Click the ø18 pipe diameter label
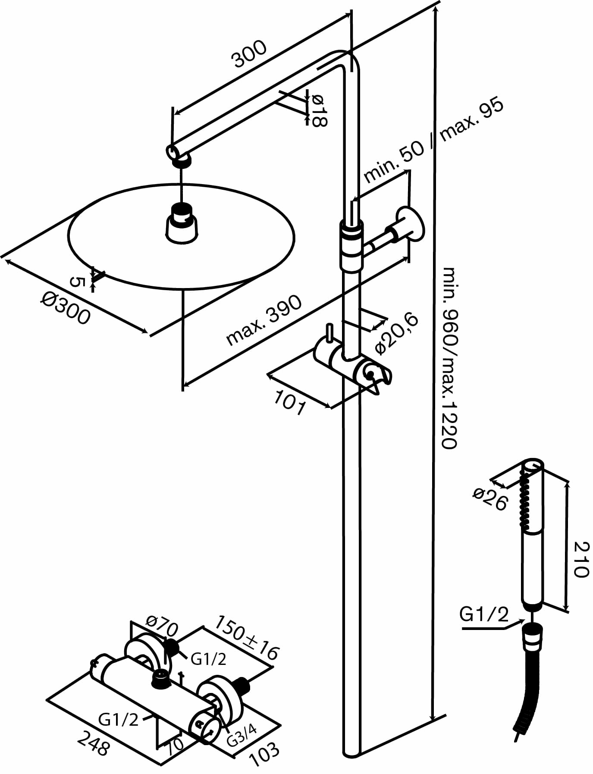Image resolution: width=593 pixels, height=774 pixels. pyautogui.click(x=319, y=110)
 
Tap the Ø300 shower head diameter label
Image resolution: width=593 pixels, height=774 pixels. pyautogui.click(x=66, y=308)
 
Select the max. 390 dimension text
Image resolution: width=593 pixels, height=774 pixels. pyautogui.click(x=264, y=320)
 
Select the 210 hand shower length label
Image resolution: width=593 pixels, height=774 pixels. pyautogui.click(x=580, y=559)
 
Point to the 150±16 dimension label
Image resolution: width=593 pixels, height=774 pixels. pyautogui.click(x=247, y=638)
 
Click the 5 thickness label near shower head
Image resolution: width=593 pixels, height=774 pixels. pyautogui.click(x=76, y=282)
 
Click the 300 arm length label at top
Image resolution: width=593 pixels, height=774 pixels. pyautogui.click(x=250, y=54)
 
